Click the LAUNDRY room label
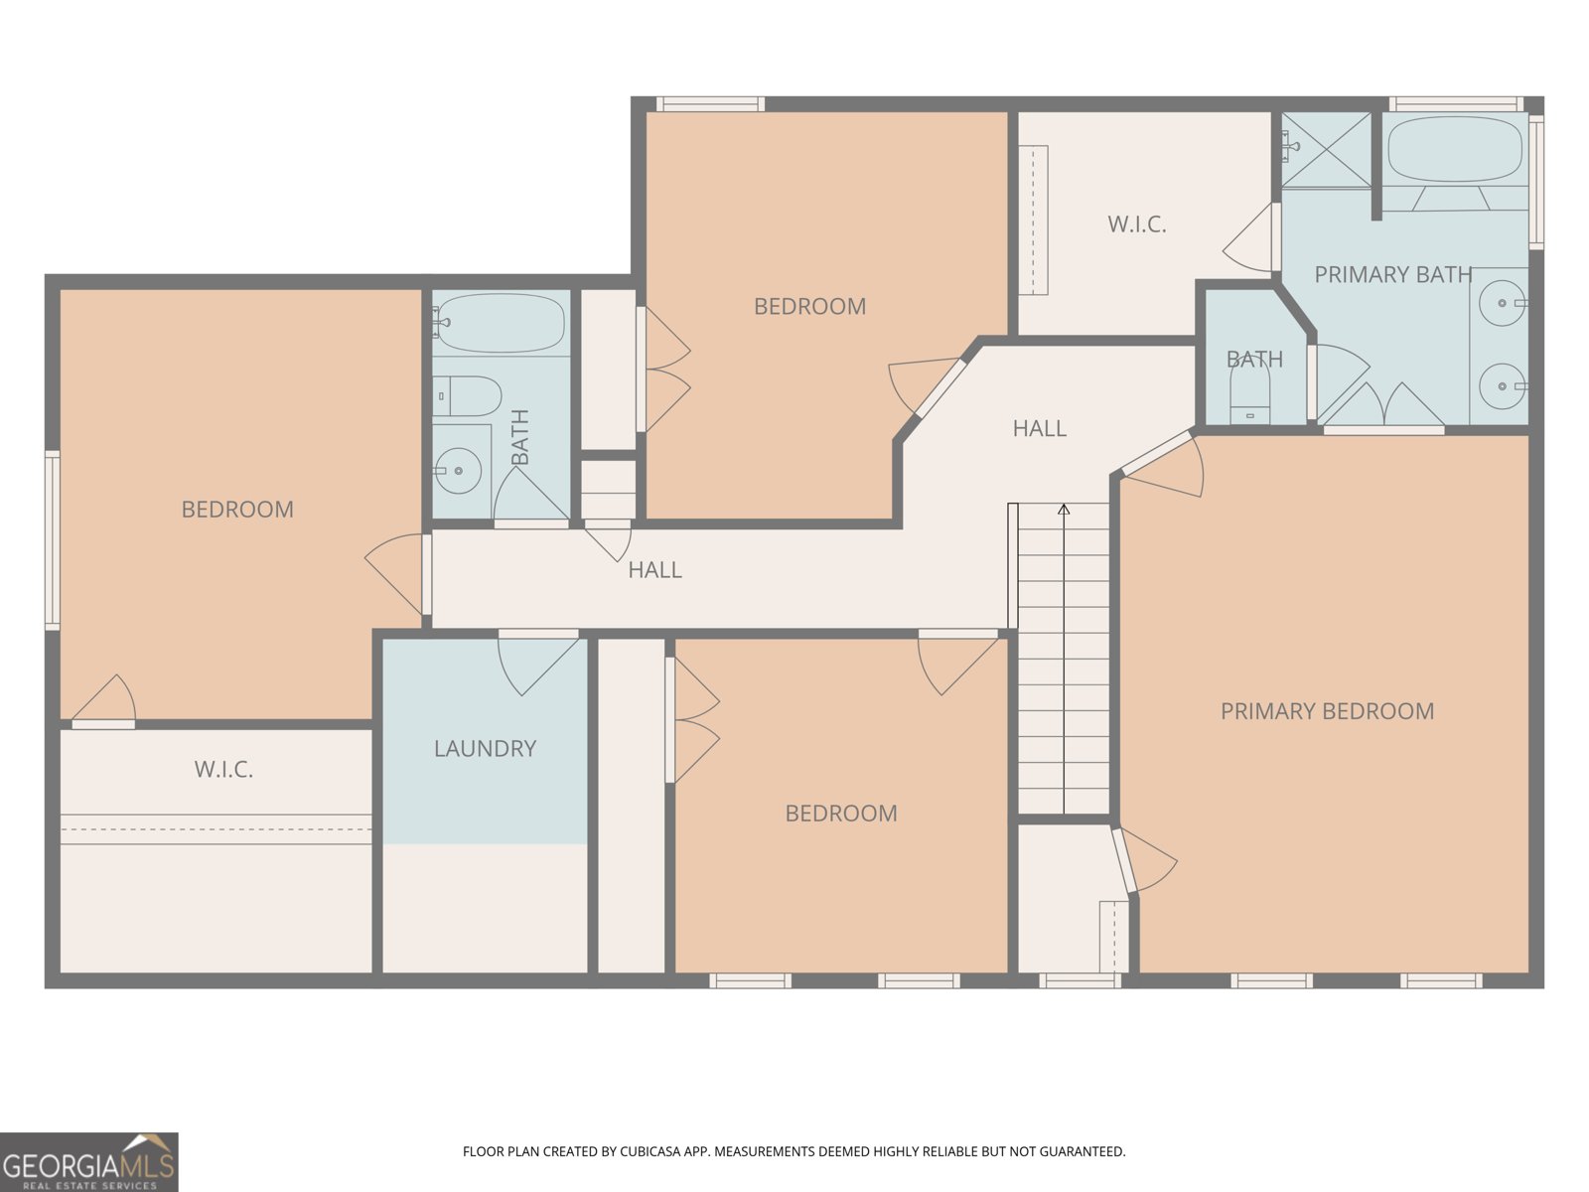(x=485, y=748)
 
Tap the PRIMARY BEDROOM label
(x=1327, y=711)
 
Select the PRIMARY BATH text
(x=1392, y=274)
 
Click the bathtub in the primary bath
(x=1454, y=149)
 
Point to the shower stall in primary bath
(x=1325, y=149)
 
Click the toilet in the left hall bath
(x=467, y=396)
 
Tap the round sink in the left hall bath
(x=459, y=471)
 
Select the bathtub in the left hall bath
(x=500, y=323)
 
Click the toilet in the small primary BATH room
(x=1249, y=397)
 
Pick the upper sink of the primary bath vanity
(x=1502, y=303)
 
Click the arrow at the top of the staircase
(x=1064, y=511)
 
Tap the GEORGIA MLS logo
(x=88, y=1162)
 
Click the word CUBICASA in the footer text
(x=650, y=1152)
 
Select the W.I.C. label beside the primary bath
(x=1136, y=224)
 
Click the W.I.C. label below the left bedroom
(x=223, y=769)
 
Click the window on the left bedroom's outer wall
(x=52, y=539)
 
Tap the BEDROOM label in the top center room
(x=809, y=307)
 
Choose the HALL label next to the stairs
(x=1039, y=428)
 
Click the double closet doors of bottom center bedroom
(x=692, y=720)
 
